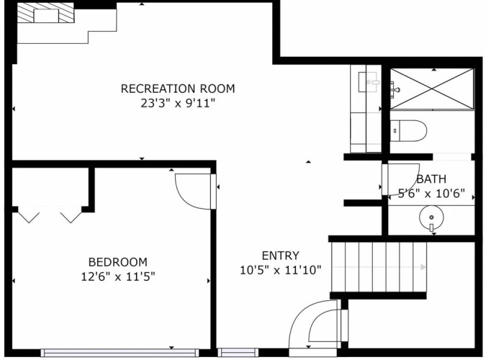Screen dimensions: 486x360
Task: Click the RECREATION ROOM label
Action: tap(178, 89)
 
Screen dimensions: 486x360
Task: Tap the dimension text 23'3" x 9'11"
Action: tap(178, 103)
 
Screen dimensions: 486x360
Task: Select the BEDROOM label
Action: tap(118, 262)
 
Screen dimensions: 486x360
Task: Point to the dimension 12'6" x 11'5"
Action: tap(118, 276)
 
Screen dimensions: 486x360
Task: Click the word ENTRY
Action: tap(281, 256)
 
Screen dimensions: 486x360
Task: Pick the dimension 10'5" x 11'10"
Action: tap(281, 270)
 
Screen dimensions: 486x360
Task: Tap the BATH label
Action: tap(431, 179)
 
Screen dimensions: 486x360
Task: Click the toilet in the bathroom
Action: tap(408, 130)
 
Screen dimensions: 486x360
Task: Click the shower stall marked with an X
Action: tap(432, 89)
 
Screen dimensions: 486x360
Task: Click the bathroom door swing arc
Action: tap(414, 186)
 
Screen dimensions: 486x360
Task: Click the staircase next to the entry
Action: tap(379, 267)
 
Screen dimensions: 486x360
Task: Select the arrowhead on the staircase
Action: tap(423, 267)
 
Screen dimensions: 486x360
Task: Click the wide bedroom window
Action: tap(120, 353)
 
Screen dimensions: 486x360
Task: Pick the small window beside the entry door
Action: tap(238, 353)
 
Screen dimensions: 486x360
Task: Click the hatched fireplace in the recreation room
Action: tap(45, 13)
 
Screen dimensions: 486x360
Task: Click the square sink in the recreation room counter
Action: tap(369, 82)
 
